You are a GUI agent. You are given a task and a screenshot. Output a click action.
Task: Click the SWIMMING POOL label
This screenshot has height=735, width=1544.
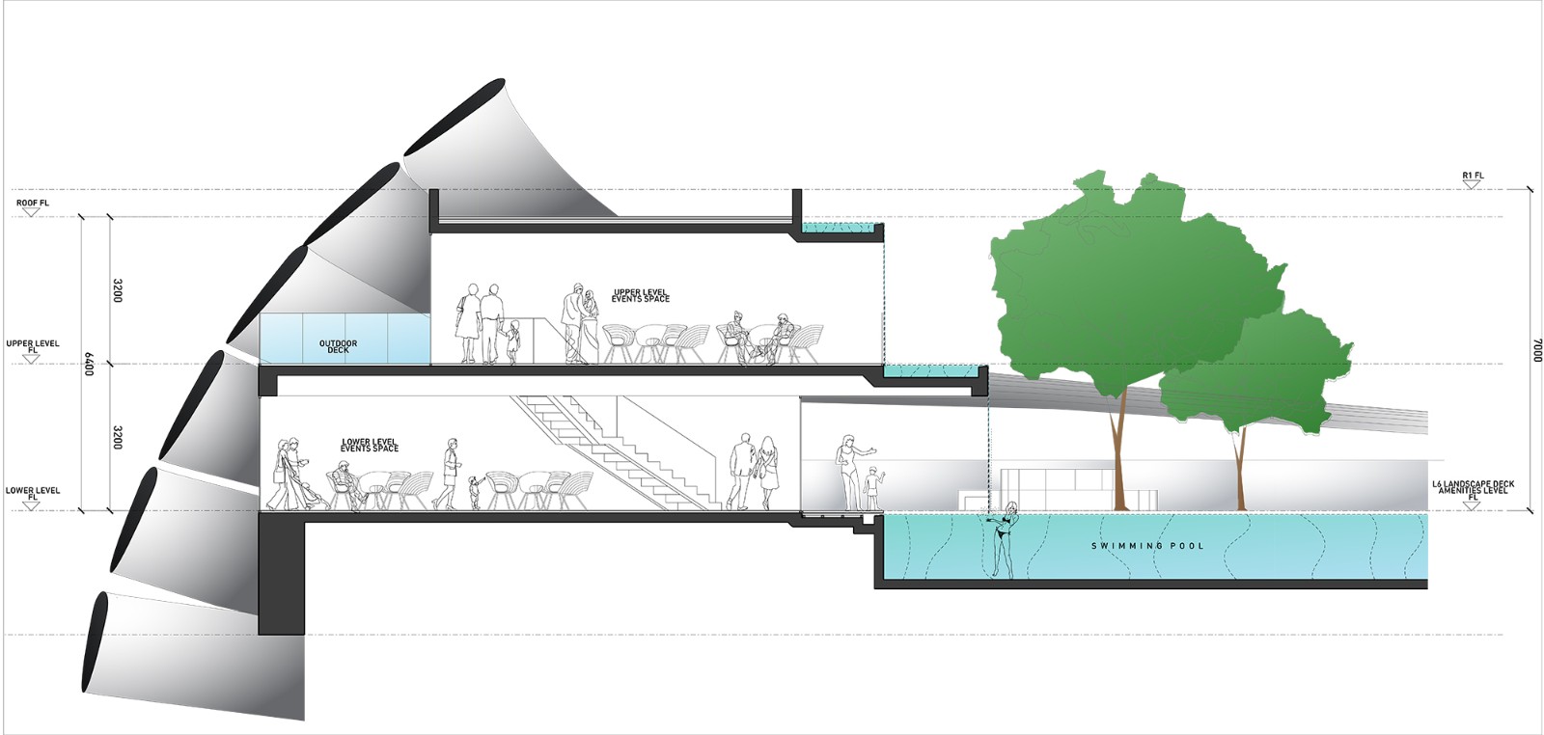(1147, 546)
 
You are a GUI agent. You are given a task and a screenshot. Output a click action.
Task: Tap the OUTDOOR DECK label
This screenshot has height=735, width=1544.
(338, 346)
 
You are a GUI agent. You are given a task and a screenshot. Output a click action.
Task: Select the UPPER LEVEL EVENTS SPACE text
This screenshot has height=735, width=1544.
(640, 296)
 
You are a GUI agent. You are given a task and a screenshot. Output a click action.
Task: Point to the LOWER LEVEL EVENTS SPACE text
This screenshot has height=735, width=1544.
(370, 446)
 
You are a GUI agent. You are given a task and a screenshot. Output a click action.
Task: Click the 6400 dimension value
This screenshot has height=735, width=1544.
(88, 364)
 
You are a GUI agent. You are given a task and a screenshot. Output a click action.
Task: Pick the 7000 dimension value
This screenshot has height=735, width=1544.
(1537, 350)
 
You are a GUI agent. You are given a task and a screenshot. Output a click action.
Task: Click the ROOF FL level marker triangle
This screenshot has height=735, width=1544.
(32, 212)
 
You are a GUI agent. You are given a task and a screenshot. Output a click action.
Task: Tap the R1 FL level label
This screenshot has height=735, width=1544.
(1473, 176)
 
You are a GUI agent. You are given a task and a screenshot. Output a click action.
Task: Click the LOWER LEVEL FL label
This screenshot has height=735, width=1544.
(33, 492)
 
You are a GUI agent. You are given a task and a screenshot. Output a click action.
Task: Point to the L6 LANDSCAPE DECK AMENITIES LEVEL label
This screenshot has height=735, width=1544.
(1473, 488)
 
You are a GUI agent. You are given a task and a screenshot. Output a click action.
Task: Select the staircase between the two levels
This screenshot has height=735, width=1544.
(618, 449)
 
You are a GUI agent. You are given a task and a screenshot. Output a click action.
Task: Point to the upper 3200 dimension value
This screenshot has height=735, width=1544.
(117, 290)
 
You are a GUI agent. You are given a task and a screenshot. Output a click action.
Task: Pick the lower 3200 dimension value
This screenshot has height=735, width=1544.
(117, 437)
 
